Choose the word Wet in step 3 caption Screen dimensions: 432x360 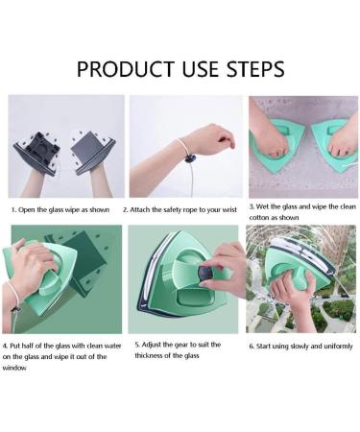tap(269, 206)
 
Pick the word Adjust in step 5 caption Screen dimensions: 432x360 tap(153, 344)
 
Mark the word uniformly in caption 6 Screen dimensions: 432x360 tap(331, 344)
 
